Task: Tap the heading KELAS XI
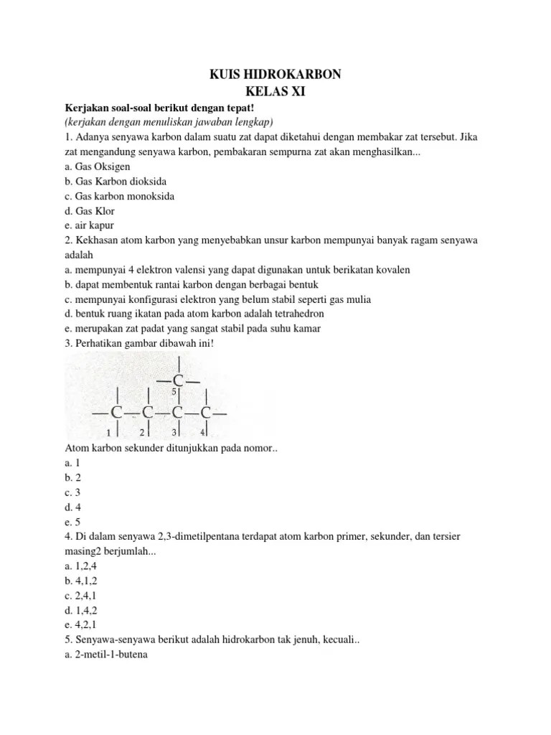[x=275, y=92]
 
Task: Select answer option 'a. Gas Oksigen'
[x=97, y=166]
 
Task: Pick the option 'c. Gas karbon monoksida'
[x=119, y=196]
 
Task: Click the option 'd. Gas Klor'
[x=89, y=211]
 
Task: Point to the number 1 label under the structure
[x=109, y=432]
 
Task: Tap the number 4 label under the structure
[x=202, y=432]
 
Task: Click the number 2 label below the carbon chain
[x=142, y=432]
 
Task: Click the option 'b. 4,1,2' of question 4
[x=79, y=580]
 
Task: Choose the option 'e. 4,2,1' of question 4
[x=79, y=625]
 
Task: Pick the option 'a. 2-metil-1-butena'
[x=105, y=655]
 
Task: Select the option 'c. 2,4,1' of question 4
[x=79, y=595]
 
